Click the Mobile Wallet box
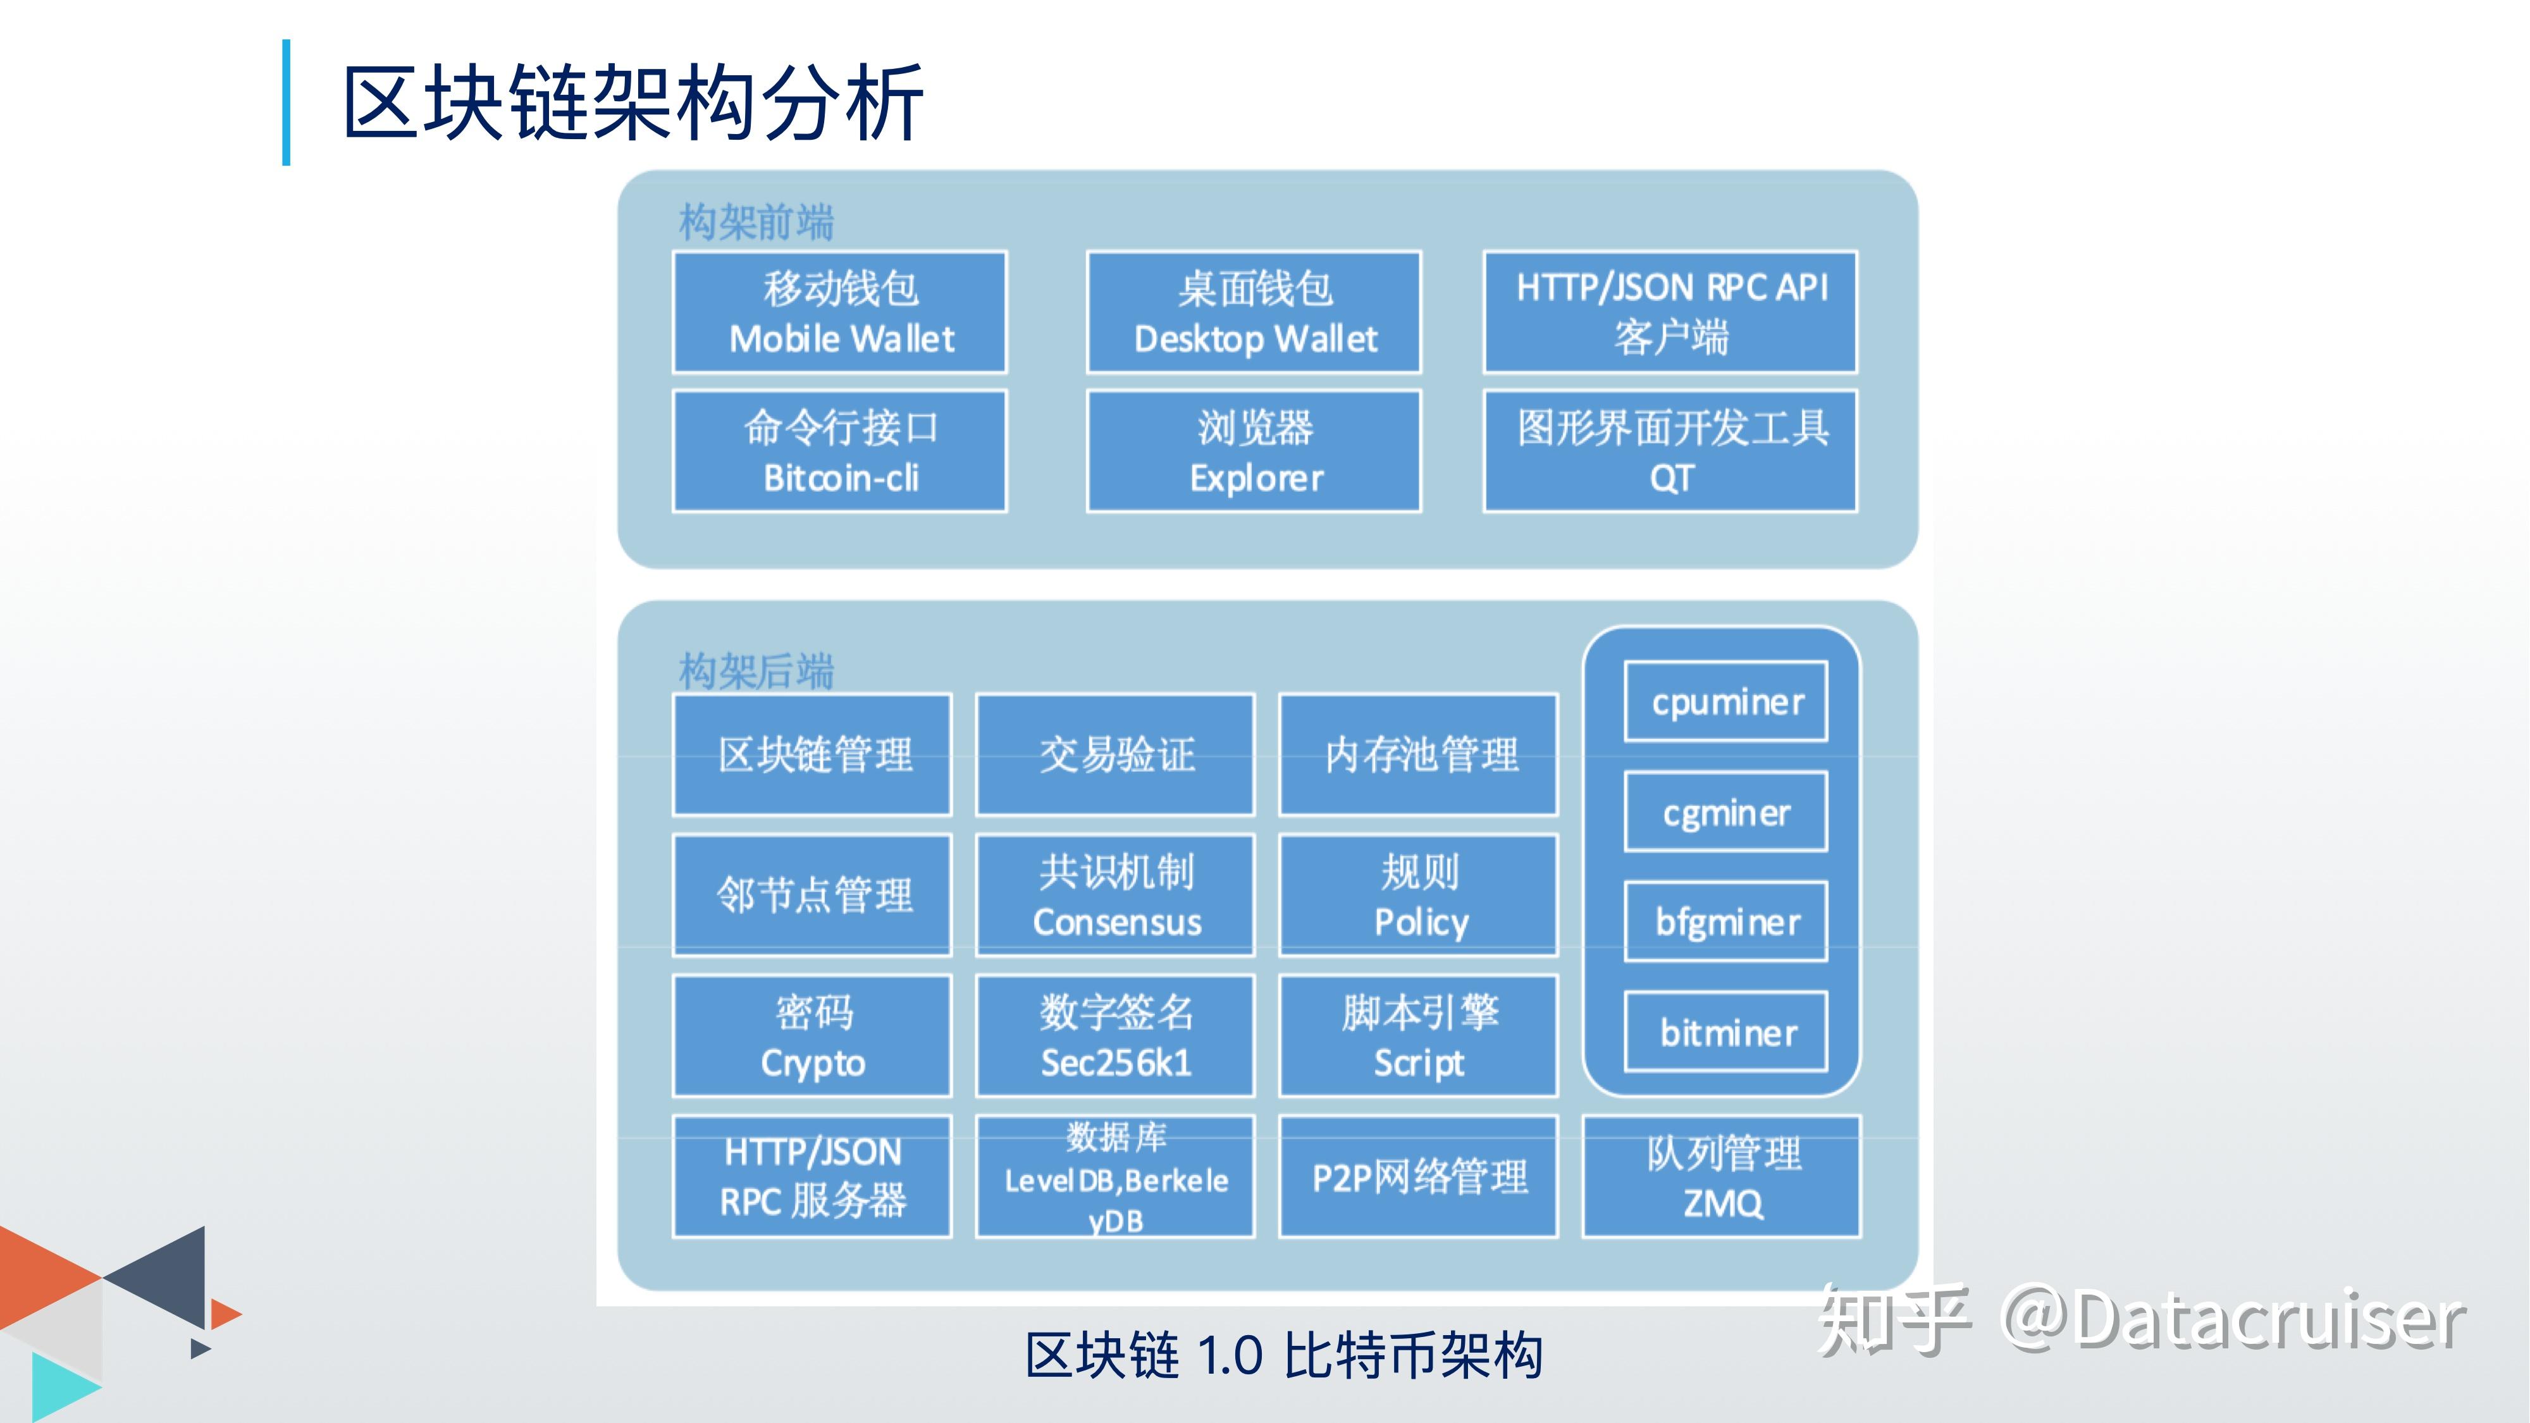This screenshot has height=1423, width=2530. coord(840,312)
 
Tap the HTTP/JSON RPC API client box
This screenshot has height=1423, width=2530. coord(1670,312)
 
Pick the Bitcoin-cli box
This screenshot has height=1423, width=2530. coord(840,452)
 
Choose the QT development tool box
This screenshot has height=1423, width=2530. coord(1670,452)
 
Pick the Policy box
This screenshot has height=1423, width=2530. coord(1418,896)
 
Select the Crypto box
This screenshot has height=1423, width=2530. coord(812,1036)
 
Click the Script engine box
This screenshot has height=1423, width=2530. coord(1418,1036)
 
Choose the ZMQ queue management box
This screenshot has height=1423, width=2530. coord(1722,1176)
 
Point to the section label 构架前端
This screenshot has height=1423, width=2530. coord(756,222)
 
